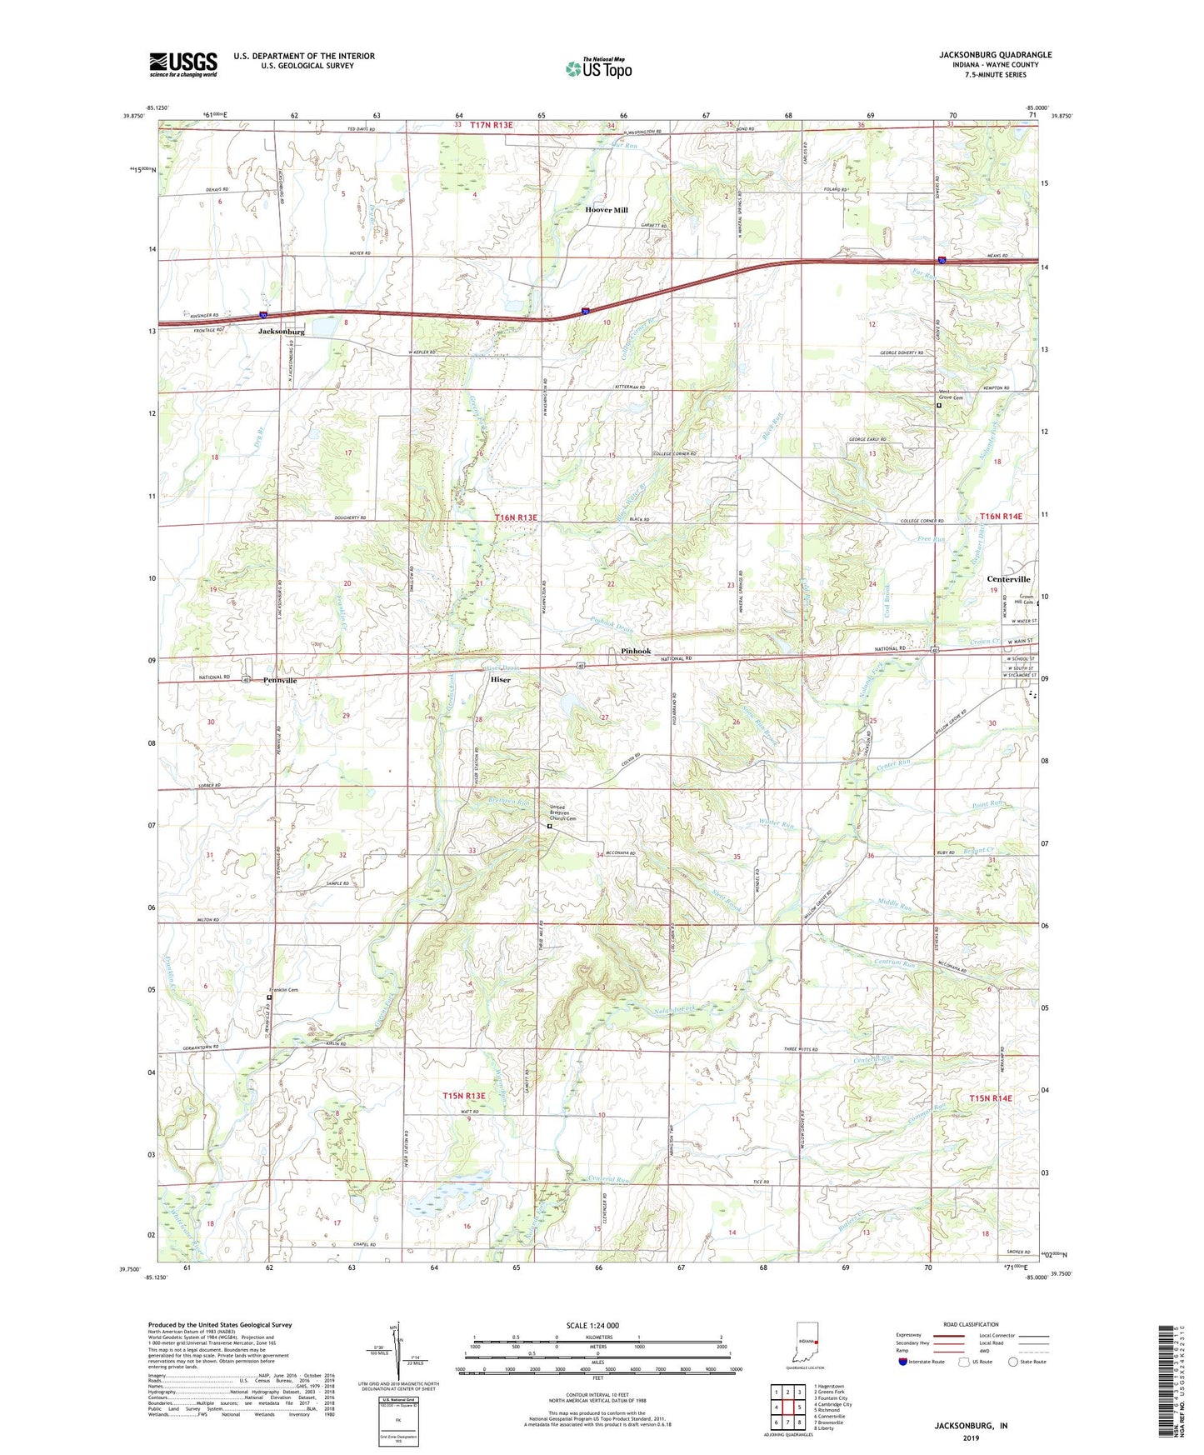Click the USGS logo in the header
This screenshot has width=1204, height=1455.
click(x=183, y=63)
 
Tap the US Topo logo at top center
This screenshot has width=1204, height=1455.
click(x=598, y=67)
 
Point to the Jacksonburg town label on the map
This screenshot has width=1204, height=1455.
click(x=281, y=332)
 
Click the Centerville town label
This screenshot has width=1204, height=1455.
click(x=1008, y=579)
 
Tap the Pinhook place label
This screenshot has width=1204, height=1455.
click(x=636, y=651)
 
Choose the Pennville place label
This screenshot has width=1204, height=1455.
click(x=280, y=680)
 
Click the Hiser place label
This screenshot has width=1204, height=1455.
click(x=500, y=679)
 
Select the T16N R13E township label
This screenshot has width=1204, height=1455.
click(x=517, y=517)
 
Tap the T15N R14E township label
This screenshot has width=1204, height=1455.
click(x=991, y=1098)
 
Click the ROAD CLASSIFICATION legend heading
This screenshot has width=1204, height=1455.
click(x=971, y=1324)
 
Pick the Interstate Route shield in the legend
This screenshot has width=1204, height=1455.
click(x=904, y=1362)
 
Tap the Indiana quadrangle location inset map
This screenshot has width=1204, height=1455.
click(x=804, y=1342)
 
